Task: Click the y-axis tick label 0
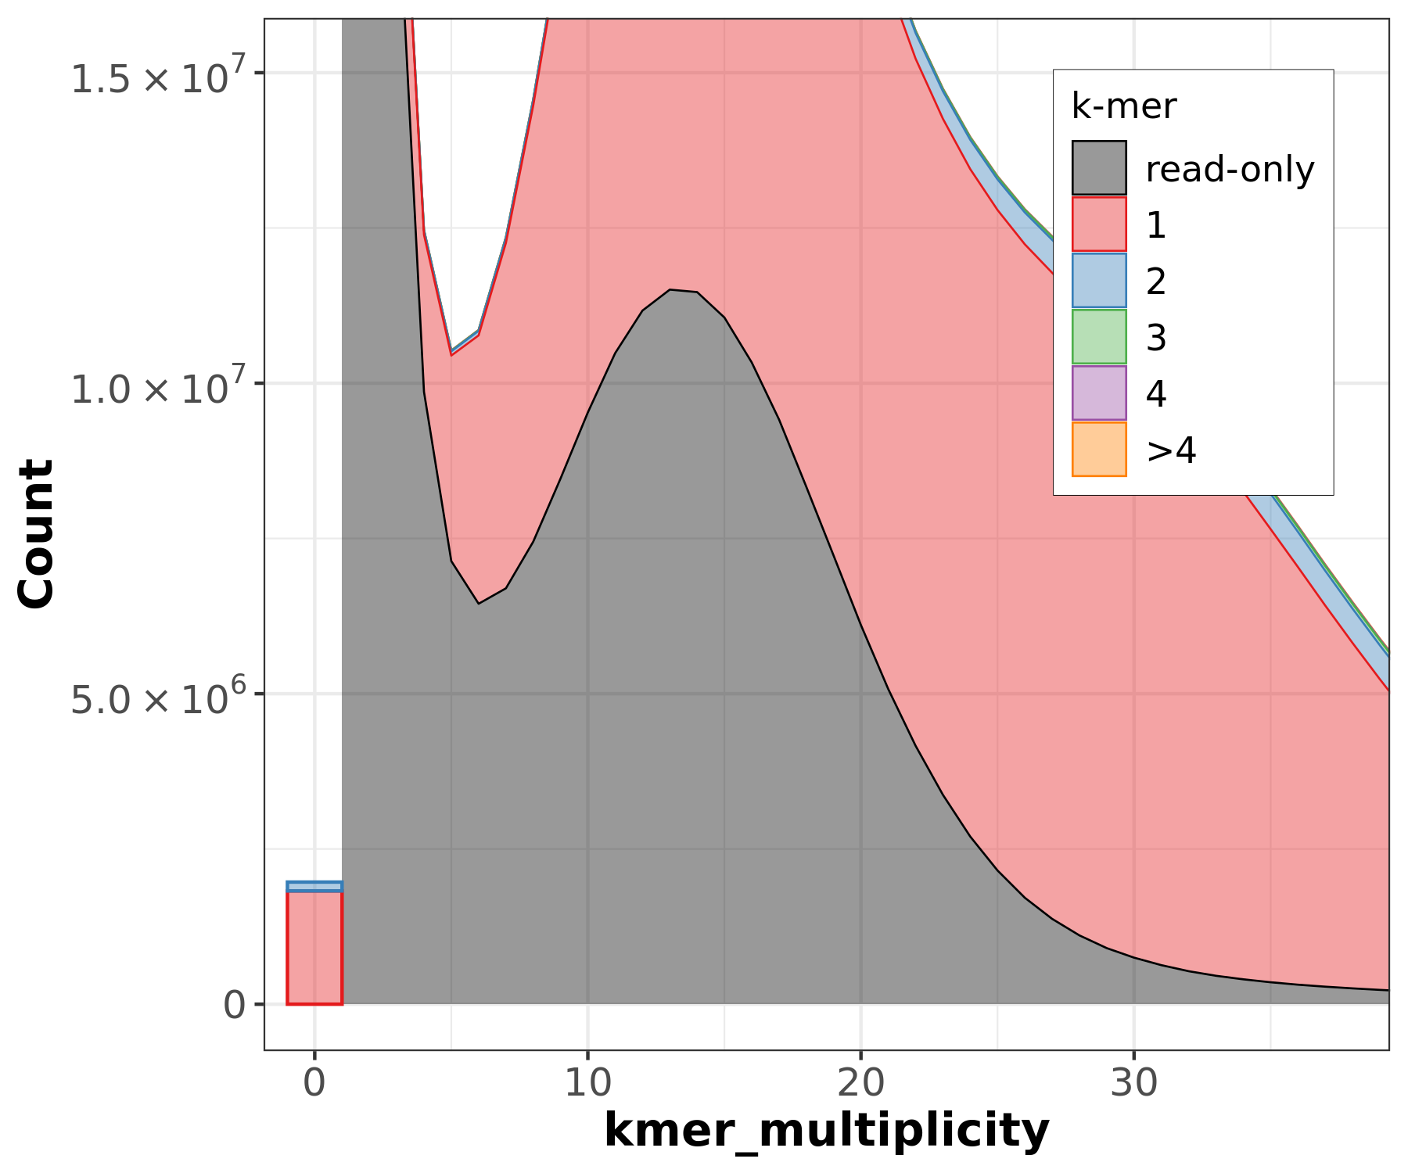(234, 1005)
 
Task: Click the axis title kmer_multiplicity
(826, 1130)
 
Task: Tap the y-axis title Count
(36, 533)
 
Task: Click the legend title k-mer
(1123, 106)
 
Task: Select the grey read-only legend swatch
(1099, 168)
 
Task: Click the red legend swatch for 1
(1099, 224)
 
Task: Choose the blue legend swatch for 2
(1099, 281)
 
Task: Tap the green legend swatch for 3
(1099, 337)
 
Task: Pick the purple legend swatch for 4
(1099, 393)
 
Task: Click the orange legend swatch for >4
(1099, 450)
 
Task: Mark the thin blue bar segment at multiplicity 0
(314, 887)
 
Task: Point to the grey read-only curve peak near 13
(670, 291)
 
